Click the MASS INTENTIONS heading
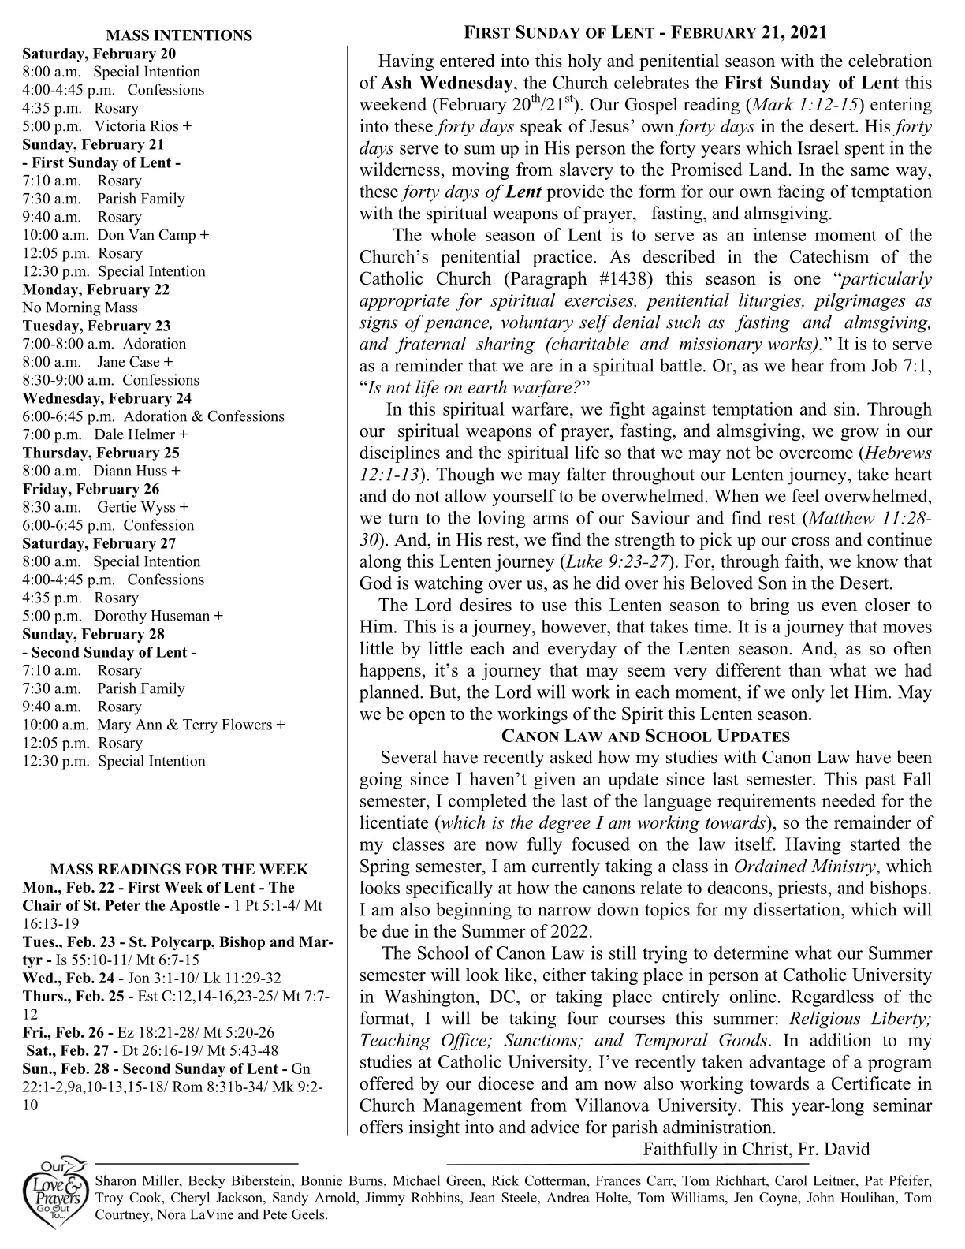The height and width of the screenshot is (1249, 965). point(179,35)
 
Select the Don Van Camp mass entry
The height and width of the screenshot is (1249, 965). point(148,235)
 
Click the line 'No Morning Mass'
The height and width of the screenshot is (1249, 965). point(80,308)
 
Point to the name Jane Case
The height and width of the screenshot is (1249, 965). point(129,362)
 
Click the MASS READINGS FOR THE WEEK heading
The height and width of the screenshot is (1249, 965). point(179,870)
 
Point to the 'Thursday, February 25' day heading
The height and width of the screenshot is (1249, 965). point(101,453)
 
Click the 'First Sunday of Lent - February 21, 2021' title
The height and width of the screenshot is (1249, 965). point(645,32)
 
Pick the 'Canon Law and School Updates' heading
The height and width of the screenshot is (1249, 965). point(646,736)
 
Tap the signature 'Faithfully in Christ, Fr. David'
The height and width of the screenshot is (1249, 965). point(756,1148)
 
